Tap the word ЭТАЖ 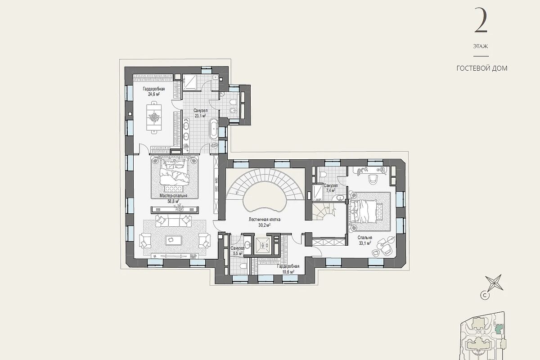(x=481, y=46)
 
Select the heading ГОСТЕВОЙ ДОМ (x=482, y=68)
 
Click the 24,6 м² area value (x=154, y=94)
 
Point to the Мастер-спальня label (x=173, y=196)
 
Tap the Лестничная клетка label (x=265, y=220)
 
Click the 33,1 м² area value (x=365, y=243)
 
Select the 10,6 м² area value (x=288, y=272)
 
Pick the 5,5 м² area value (x=237, y=254)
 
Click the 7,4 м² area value (x=330, y=190)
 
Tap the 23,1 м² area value (x=200, y=116)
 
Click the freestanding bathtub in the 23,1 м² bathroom (x=214, y=129)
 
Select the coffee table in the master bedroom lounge (x=173, y=240)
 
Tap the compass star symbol (x=494, y=283)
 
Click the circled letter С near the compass (x=483, y=295)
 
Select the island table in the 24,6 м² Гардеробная (x=154, y=117)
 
